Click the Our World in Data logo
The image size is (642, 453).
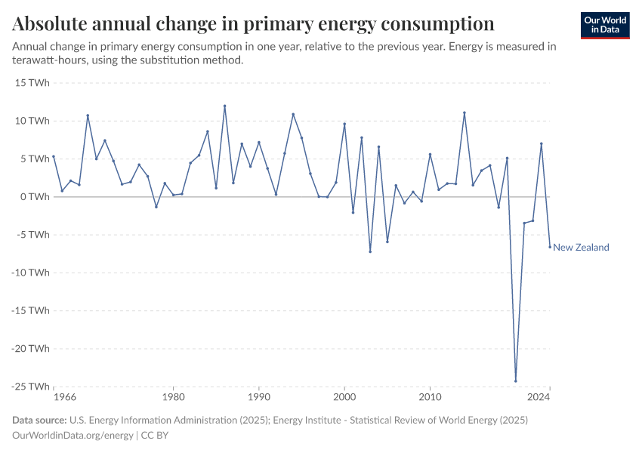click(604, 25)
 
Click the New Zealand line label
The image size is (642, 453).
click(581, 248)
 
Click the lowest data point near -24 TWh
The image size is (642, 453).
click(516, 381)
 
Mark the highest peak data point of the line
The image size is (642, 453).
click(224, 106)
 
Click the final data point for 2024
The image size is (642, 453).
click(550, 247)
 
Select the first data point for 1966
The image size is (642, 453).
click(54, 156)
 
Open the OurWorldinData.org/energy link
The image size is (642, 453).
click(73, 436)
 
